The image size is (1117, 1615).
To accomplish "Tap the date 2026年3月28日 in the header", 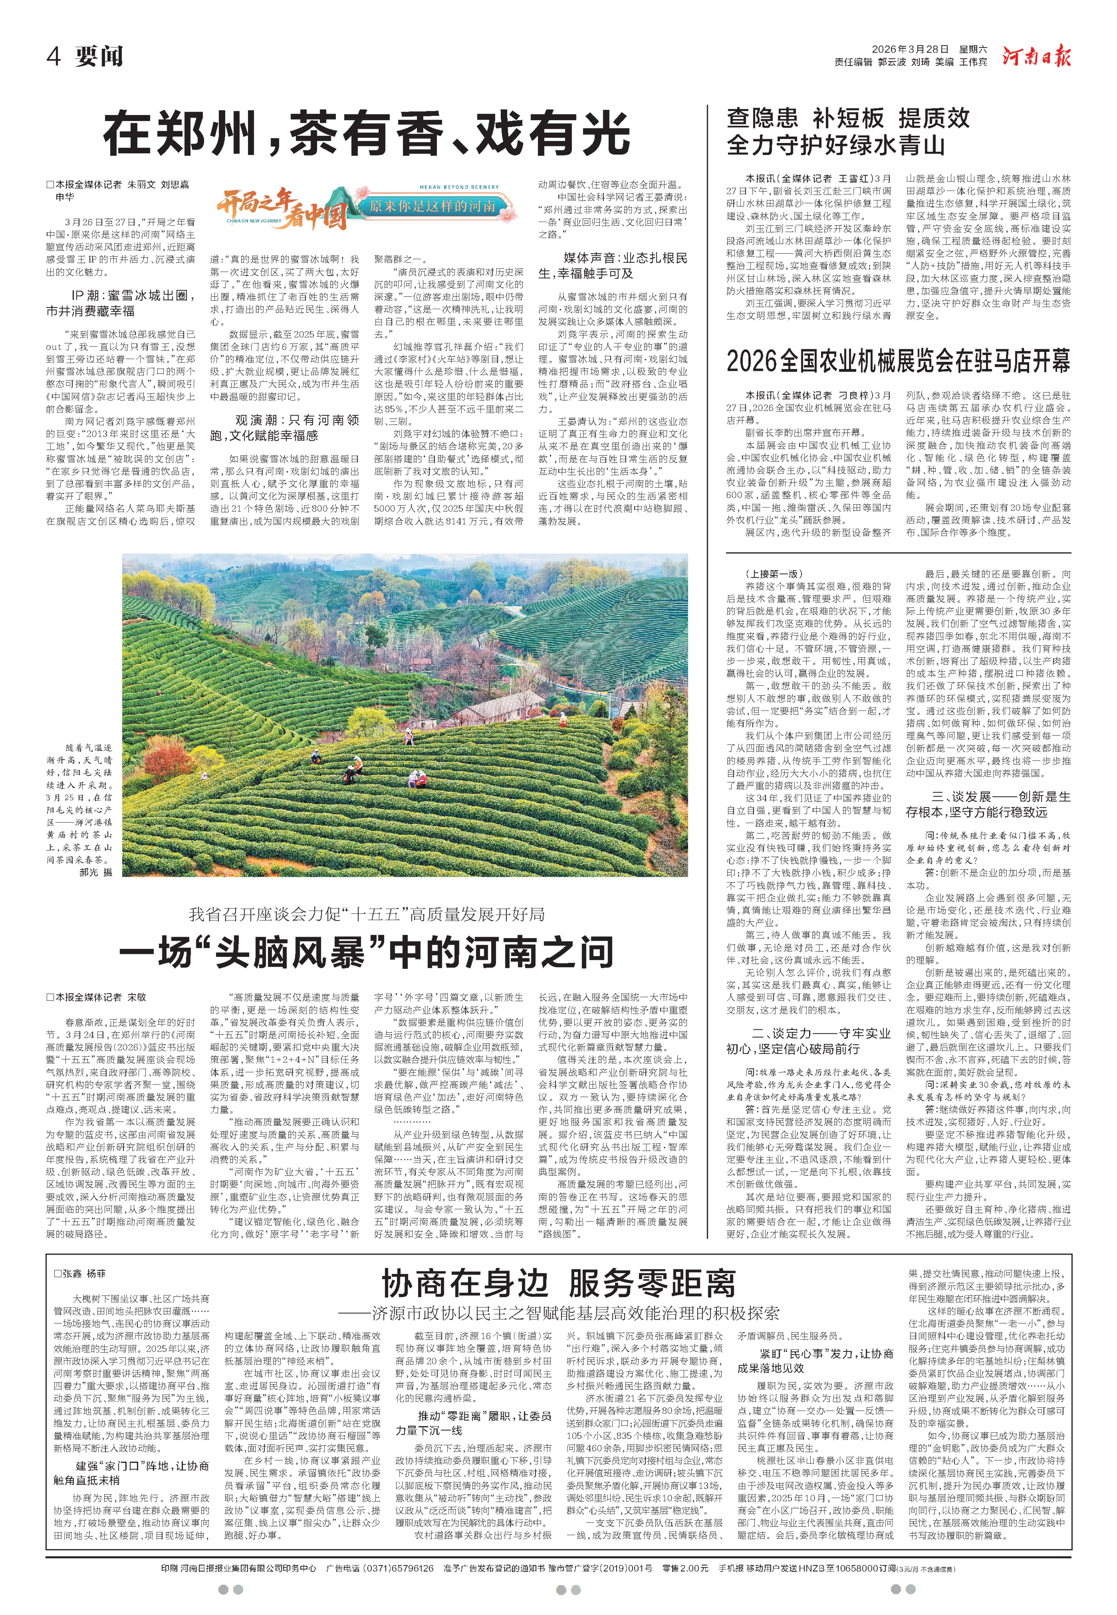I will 910,50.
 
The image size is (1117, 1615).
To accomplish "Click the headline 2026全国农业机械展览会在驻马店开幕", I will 898,361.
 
